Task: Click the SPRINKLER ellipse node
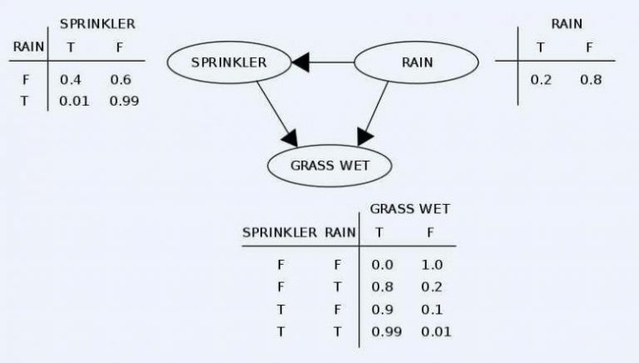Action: [x=229, y=62]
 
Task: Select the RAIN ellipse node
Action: [x=416, y=62]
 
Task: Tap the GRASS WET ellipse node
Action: [x=329, y=166]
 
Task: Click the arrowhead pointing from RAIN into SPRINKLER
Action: [x=300, y=62]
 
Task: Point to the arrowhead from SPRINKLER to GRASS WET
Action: [x=290, y=139]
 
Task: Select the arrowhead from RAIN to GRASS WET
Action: [x=364, y=137]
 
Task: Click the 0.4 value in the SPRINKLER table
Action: [x=71, y=80]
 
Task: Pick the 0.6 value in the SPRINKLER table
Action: [x=121, y=80]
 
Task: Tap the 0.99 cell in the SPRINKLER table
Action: [x=124, y=101]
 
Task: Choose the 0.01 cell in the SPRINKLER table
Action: [x=74, y=101]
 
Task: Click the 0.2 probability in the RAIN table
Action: [x=541, y=80]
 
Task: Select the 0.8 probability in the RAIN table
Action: [x=591, y=80]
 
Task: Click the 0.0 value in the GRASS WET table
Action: [x=382, y=265]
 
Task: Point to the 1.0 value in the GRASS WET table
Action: [x=432, y=265]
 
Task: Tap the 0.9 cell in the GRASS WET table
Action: [x=382, y=310]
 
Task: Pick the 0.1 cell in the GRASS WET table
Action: [x=432, y=310]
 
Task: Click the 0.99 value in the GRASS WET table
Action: [x=386, y=331]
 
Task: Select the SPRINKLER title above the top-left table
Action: [x=97, y=24]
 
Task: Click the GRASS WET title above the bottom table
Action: [x=410, y=209]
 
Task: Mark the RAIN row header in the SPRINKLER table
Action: [x=28, y=47]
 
